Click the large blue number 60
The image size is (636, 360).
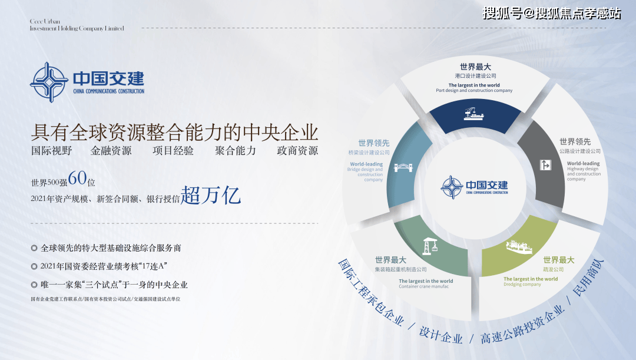[x=77, y=178]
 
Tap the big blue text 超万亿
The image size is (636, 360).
[x=211, y=196]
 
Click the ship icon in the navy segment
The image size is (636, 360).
[x=473, y=114]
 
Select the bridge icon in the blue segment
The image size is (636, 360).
[x=403, y=167]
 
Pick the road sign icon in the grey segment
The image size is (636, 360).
[x=545, y=165]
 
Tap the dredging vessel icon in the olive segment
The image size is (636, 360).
[x=519, y=247]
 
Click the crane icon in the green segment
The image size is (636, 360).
[x=430, y=246]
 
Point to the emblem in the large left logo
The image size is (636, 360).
[x=49, y=82]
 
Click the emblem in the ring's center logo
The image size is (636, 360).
[x=452, y=187]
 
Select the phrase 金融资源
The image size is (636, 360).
[x=111, y=151]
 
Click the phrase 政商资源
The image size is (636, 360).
[x=297, y=151]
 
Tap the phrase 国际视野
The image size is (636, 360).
[x=51, y=151]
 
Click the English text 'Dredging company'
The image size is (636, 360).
[x=522, y=285]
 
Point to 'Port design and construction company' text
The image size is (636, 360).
[x=474, y=91]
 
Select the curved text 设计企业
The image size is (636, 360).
[x=441, y=335]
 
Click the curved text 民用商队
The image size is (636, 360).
[x=588, y=278]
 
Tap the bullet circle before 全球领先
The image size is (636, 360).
[x=34, y=248]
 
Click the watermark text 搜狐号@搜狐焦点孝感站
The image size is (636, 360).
[x=552, y=14]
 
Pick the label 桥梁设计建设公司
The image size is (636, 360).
[x=369, y=153]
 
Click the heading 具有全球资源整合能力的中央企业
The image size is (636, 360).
[x=175, y=132]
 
